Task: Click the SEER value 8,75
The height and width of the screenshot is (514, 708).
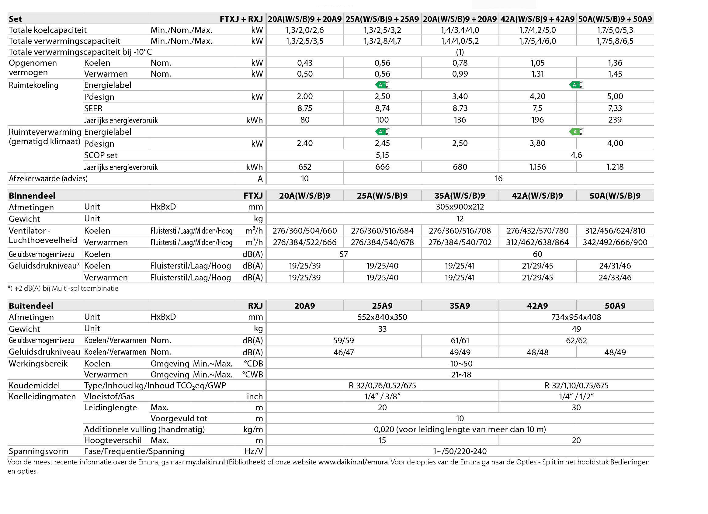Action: (x=304, y=108)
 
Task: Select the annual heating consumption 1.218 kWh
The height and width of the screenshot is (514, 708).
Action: (x=615, y=167)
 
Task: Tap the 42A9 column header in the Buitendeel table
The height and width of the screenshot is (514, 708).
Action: (x=537, y=306)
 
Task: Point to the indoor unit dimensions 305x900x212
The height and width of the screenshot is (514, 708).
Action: (x=460, y=207)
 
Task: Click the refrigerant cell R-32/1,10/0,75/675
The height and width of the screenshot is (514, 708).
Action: (x=576, y=385)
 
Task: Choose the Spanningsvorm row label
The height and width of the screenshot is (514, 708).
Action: (x=38, y=451)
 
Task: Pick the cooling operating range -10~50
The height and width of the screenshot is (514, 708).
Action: (x=460, y=363)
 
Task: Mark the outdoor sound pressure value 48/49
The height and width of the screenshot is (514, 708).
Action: (x=615, y=352)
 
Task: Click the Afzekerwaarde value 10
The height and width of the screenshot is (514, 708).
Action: (x=304, y=179)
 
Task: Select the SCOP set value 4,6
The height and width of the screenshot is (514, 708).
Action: (x=576, y=155)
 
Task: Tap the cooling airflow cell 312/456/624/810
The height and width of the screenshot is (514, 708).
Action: (x=615, y=231)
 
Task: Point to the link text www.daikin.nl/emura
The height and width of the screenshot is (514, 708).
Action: (x=353, y=462)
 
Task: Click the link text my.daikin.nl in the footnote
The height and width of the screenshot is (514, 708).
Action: (x=205, y=462)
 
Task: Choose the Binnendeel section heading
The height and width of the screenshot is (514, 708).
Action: (x=32, y=196)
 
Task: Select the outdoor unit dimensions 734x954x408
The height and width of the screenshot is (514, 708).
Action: (x=576, y=317)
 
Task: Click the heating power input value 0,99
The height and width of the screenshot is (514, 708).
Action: (x=460, y=74)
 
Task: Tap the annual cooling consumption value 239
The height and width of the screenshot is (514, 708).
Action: (x=615, y=120)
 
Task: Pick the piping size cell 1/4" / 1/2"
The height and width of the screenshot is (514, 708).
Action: (x=576, y=397)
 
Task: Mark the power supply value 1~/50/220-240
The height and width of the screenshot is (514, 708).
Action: (x=460, y=451)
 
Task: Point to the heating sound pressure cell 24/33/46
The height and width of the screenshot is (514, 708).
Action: (x=615, y=278)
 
